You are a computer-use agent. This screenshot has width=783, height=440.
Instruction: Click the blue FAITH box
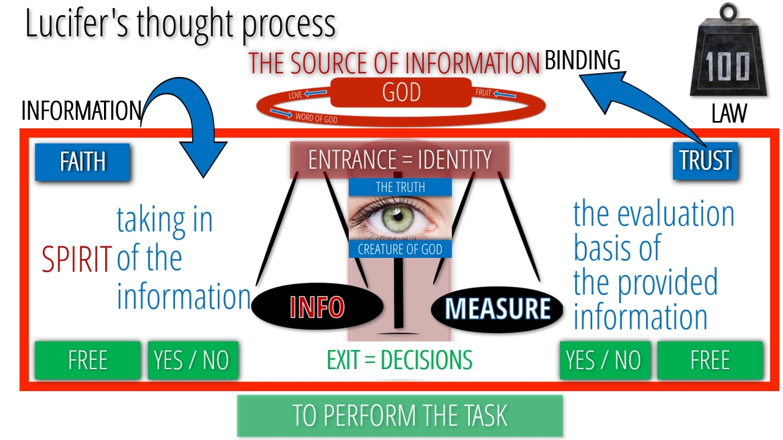pyautogui.click(x=83, y=162)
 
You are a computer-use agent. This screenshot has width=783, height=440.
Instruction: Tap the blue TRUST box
pyautogui.click(x=705, y=161)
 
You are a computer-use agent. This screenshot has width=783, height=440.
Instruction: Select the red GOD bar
pyautogui.click(x=401, y=92)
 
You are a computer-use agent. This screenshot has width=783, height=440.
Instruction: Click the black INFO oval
pyautogui.click(x=317, y=307)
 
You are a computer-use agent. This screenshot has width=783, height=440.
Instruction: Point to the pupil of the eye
pyautogui.click(x=398, y=215)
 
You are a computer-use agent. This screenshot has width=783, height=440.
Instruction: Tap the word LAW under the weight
pyautogui.click(x=729, y=113)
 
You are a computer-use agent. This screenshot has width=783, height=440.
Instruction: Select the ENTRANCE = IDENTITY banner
pyautogui.click(x=399, y=160)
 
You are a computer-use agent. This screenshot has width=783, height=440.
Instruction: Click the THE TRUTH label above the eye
pyautogui.click(x=400, y=187)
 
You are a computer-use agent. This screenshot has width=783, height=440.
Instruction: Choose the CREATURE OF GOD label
pyautogui.click(x=400, y=249)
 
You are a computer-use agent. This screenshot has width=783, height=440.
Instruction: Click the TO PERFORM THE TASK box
pyautogui.click(x=399, y=416)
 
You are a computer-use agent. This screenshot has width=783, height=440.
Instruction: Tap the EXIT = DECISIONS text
pyautogui.click(x=399, y=361)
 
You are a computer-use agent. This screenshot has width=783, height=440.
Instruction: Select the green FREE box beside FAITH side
pyautogui.click(x=87, y=361)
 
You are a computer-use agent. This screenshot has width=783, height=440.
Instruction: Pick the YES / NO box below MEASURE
pyautogui.click(x=604, y=361)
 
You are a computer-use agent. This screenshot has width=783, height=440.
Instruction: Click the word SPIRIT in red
pyautogui.click(x=76, y=259)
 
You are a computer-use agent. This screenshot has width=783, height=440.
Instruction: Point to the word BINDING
pyautogui.click(x=582, y=61)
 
